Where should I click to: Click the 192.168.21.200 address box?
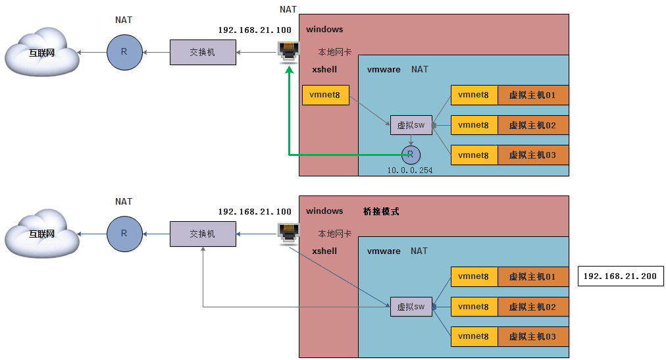pos(620,276)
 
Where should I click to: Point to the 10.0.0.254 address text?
pos(410,170)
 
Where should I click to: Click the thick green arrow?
pos(290,118)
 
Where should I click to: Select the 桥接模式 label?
pos(381,211)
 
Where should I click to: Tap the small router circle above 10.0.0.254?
pos(411,155)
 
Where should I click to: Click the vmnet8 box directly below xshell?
pos(325,95)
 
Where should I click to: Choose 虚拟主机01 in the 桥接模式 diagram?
pos(532,277)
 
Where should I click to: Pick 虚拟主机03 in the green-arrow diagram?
pos(532,155)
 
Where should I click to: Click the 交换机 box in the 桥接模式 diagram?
pos(203,234)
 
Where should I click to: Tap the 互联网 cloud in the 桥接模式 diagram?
pos(41,234)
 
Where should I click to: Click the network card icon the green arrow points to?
pos(289,51)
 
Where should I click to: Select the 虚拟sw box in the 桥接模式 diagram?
pos(411,307)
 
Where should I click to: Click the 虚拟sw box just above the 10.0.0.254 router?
pos(411,125)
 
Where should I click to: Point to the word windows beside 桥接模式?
pos(324,211)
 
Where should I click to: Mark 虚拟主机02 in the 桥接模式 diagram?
pos(532,307)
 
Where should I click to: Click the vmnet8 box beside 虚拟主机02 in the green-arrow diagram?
pos(474,125)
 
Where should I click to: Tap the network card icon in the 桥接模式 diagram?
pos(289,232)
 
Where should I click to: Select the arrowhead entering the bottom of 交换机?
pos(203,250)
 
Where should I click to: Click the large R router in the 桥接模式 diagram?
pos(124,234)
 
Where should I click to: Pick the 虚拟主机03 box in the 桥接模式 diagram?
pos(532,337)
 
